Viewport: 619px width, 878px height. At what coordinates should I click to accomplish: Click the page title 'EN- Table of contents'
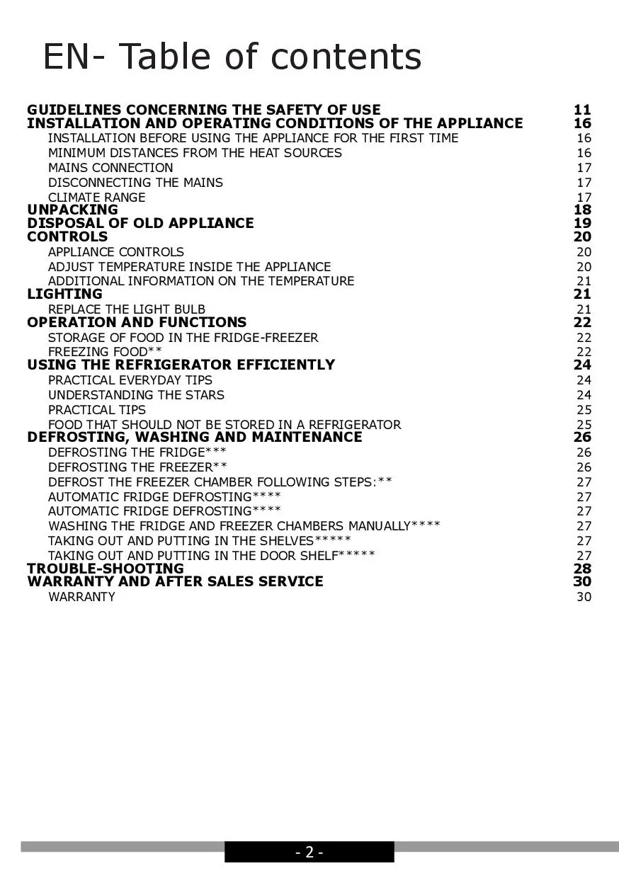point(232,57)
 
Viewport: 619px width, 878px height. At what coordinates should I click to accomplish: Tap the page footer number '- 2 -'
point(309,853)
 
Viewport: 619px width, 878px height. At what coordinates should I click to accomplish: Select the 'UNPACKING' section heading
point(72,210)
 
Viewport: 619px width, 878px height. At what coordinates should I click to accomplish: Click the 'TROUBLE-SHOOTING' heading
point(105,569)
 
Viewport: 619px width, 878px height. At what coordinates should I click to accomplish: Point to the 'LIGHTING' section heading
point(64,294)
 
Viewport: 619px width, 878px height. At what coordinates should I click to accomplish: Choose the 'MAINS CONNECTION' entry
point(110,168)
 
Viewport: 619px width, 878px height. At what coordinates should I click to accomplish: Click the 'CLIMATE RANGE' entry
point(96,198)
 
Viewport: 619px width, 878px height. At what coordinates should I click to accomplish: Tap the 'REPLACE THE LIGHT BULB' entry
point(127,309)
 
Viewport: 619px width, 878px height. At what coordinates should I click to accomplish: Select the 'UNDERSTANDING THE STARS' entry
point(136,395)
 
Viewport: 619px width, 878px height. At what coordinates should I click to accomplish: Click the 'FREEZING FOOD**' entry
point(105,352)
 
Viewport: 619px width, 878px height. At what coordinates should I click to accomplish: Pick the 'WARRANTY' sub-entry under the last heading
point(81,597)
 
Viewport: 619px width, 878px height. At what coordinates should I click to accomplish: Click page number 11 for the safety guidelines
point(582,110)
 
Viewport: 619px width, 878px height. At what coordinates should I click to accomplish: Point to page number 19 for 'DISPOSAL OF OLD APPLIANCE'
point(582,223)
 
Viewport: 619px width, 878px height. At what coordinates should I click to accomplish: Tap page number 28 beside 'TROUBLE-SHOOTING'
point(582,569)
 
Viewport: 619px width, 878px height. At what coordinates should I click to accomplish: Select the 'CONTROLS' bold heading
point(67,236)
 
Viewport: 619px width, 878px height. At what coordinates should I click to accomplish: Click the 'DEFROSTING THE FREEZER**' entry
point(137,467)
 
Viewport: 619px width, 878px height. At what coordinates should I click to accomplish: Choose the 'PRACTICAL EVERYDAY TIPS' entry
point(130,380)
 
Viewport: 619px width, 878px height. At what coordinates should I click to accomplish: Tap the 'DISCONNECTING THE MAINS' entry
point(135,183)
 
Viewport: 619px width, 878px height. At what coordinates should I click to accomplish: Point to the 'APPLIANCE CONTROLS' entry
point(115,252)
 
